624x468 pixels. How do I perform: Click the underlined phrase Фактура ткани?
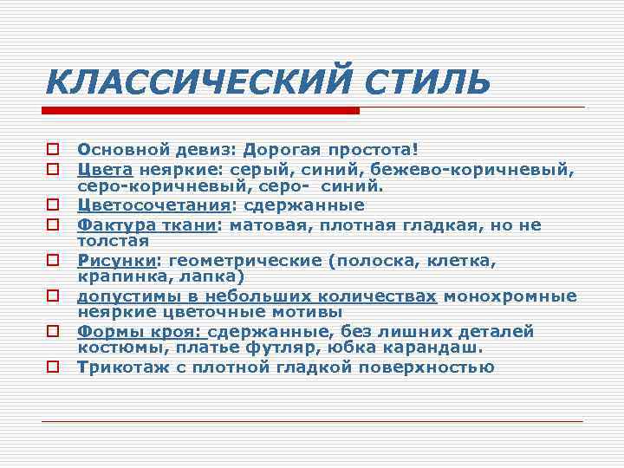(x=146, y=225)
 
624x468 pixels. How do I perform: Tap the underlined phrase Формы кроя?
(x=140, y=332)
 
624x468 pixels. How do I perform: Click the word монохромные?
(x=510, y=296)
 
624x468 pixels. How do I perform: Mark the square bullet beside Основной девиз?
(x=54, y=149)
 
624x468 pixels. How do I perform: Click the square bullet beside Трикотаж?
(x=54, y=367)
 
